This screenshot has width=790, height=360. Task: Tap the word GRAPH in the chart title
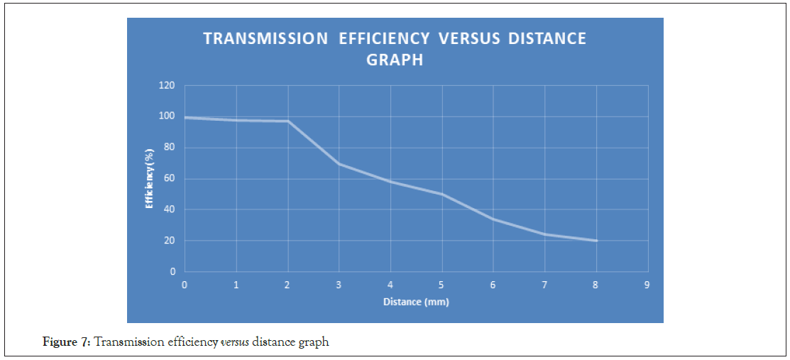point(395,60)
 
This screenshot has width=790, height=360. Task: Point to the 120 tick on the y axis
point(167,86)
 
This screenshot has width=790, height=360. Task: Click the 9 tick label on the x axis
point(647,284)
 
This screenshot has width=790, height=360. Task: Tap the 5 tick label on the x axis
point(441,284)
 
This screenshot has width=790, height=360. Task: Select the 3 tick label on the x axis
point(339,284)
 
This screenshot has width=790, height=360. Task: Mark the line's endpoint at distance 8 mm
point(596,241)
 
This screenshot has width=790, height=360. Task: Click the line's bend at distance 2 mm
point(287,121)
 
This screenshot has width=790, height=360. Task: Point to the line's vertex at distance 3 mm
point(339,163)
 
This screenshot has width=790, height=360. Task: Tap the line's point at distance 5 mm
point(441,194)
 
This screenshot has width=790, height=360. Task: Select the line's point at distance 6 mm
point(493,219)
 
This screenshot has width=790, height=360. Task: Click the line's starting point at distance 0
point(185,117)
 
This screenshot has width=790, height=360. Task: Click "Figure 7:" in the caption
point(67,342)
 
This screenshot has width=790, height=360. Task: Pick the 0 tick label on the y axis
point(172,271)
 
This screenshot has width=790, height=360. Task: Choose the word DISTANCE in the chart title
point(547,38)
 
